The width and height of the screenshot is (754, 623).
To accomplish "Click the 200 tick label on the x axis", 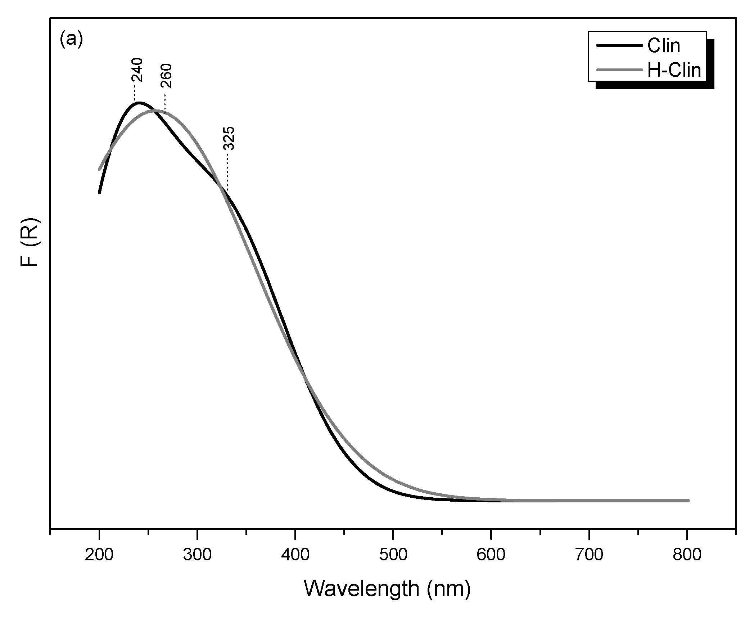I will [99, 555].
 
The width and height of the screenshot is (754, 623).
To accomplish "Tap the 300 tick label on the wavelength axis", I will [197, 555].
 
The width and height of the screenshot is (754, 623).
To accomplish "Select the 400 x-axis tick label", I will [295, 555].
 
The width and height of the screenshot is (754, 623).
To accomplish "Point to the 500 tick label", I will [393, 555].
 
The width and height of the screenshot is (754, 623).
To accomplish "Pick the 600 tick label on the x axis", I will [491, 555].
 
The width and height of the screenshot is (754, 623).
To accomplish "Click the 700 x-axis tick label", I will [589, 555].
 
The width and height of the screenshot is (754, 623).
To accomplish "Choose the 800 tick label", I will [687, 555].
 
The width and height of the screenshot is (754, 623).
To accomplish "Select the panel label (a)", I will [71, 39].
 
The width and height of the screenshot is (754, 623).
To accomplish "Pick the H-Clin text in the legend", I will [674, 70].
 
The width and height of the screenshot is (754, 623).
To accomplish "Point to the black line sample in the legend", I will [619, 46].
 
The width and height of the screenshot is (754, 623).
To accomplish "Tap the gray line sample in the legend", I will [619, 70].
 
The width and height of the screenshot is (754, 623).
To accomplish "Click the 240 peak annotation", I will [137, 70].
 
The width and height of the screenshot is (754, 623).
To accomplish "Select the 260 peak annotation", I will [167, 76].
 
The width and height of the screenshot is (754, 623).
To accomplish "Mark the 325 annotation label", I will [229, 138].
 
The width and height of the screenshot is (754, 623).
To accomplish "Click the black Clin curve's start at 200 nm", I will [99, 192].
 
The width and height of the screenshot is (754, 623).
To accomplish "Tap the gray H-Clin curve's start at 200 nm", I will [99, 169].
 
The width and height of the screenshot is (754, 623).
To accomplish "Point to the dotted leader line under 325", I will [227, 171].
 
